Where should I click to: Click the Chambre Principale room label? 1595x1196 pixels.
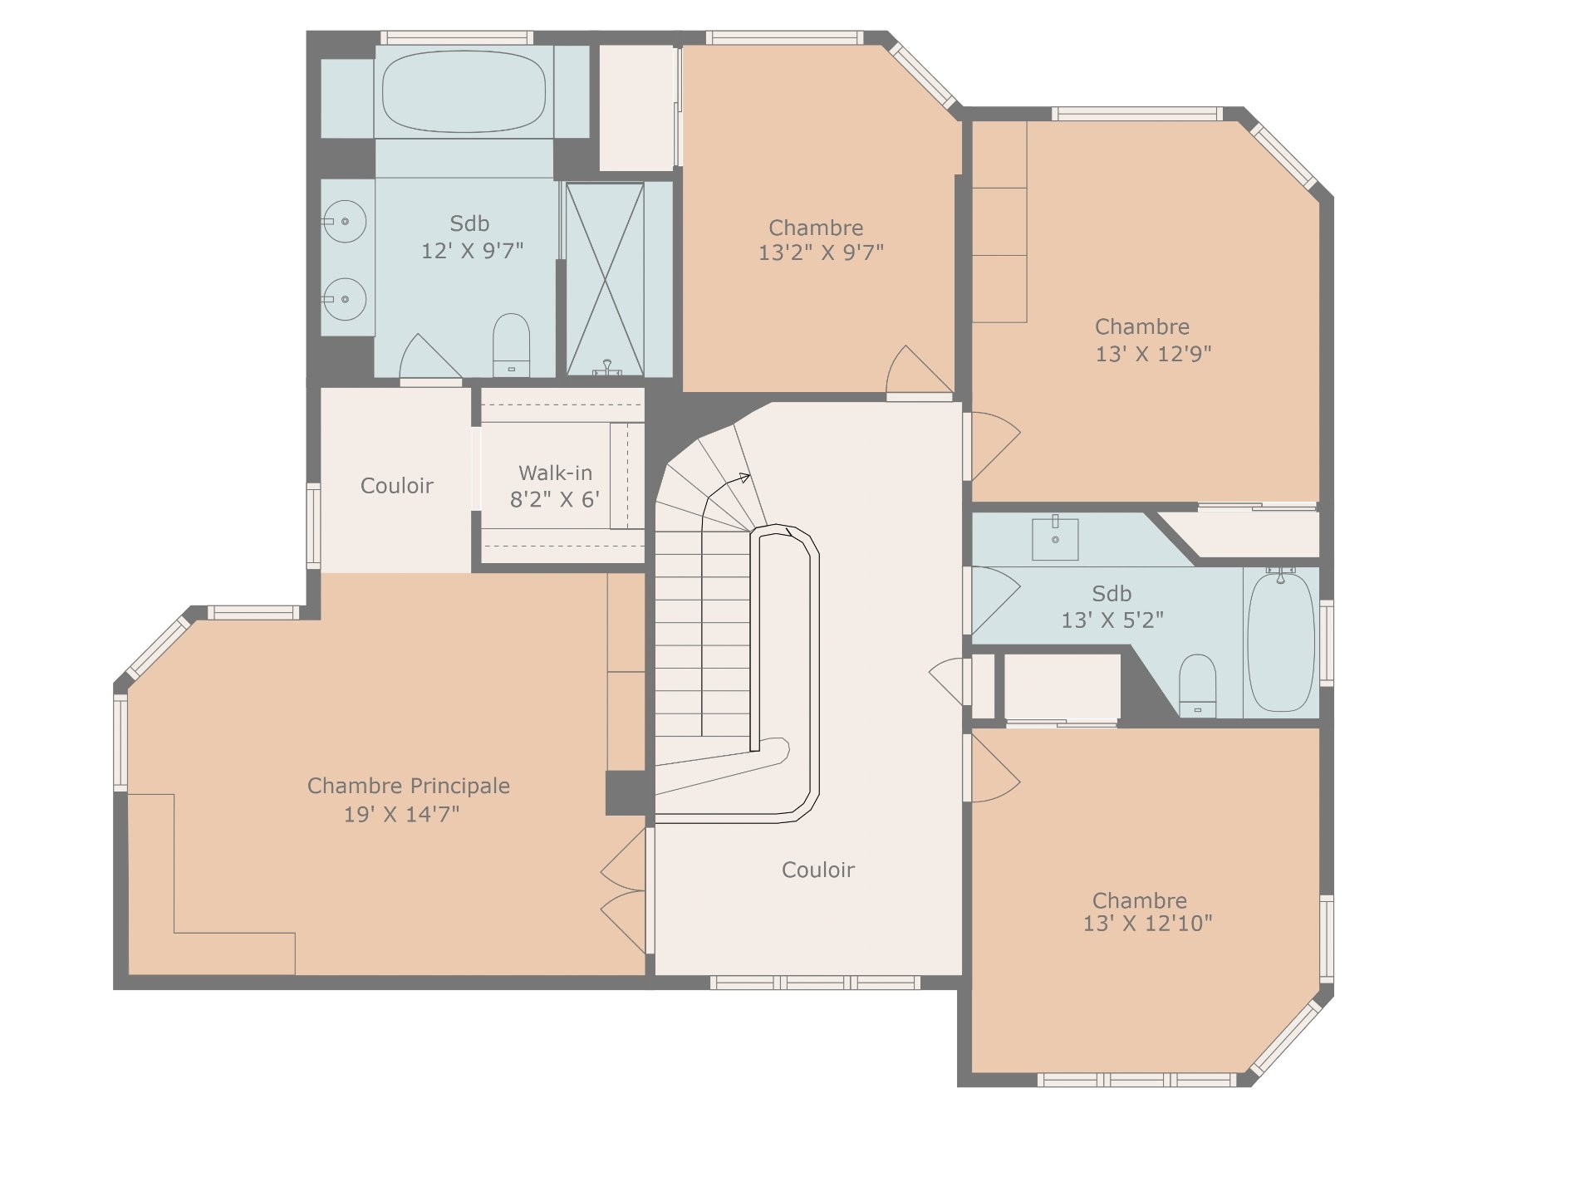pos(409,786)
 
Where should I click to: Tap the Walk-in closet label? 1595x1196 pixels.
pos(555,473)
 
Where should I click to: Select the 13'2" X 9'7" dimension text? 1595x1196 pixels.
pos(821,252)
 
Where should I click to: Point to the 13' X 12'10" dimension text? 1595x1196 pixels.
pos(1147,924)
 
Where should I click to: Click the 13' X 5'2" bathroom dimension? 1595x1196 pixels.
pos(1112,620)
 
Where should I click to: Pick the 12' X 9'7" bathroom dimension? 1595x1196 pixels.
pos(472,250)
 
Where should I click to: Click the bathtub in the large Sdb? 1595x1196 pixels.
pos(464,91)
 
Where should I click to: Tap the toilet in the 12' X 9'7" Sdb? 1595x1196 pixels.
pos(511,345)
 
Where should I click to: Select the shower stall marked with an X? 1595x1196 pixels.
pos(605,279)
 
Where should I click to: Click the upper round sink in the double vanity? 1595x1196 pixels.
pos(345,222)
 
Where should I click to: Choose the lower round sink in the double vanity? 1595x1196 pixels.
pos(345,299)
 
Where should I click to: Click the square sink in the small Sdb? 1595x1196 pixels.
pos(1055,538)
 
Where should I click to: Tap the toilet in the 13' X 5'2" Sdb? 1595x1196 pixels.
pos(1197,685)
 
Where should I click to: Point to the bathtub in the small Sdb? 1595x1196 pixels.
pos(1281,640)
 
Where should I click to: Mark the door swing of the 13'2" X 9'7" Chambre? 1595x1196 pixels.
pos(918,370)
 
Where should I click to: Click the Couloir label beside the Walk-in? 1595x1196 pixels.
pos(397,486)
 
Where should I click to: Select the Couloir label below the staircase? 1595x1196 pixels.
pos(818,870)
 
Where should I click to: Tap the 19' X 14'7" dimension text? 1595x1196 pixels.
pos(402,814)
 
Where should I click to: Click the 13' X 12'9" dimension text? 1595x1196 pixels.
pos(1154,354)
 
